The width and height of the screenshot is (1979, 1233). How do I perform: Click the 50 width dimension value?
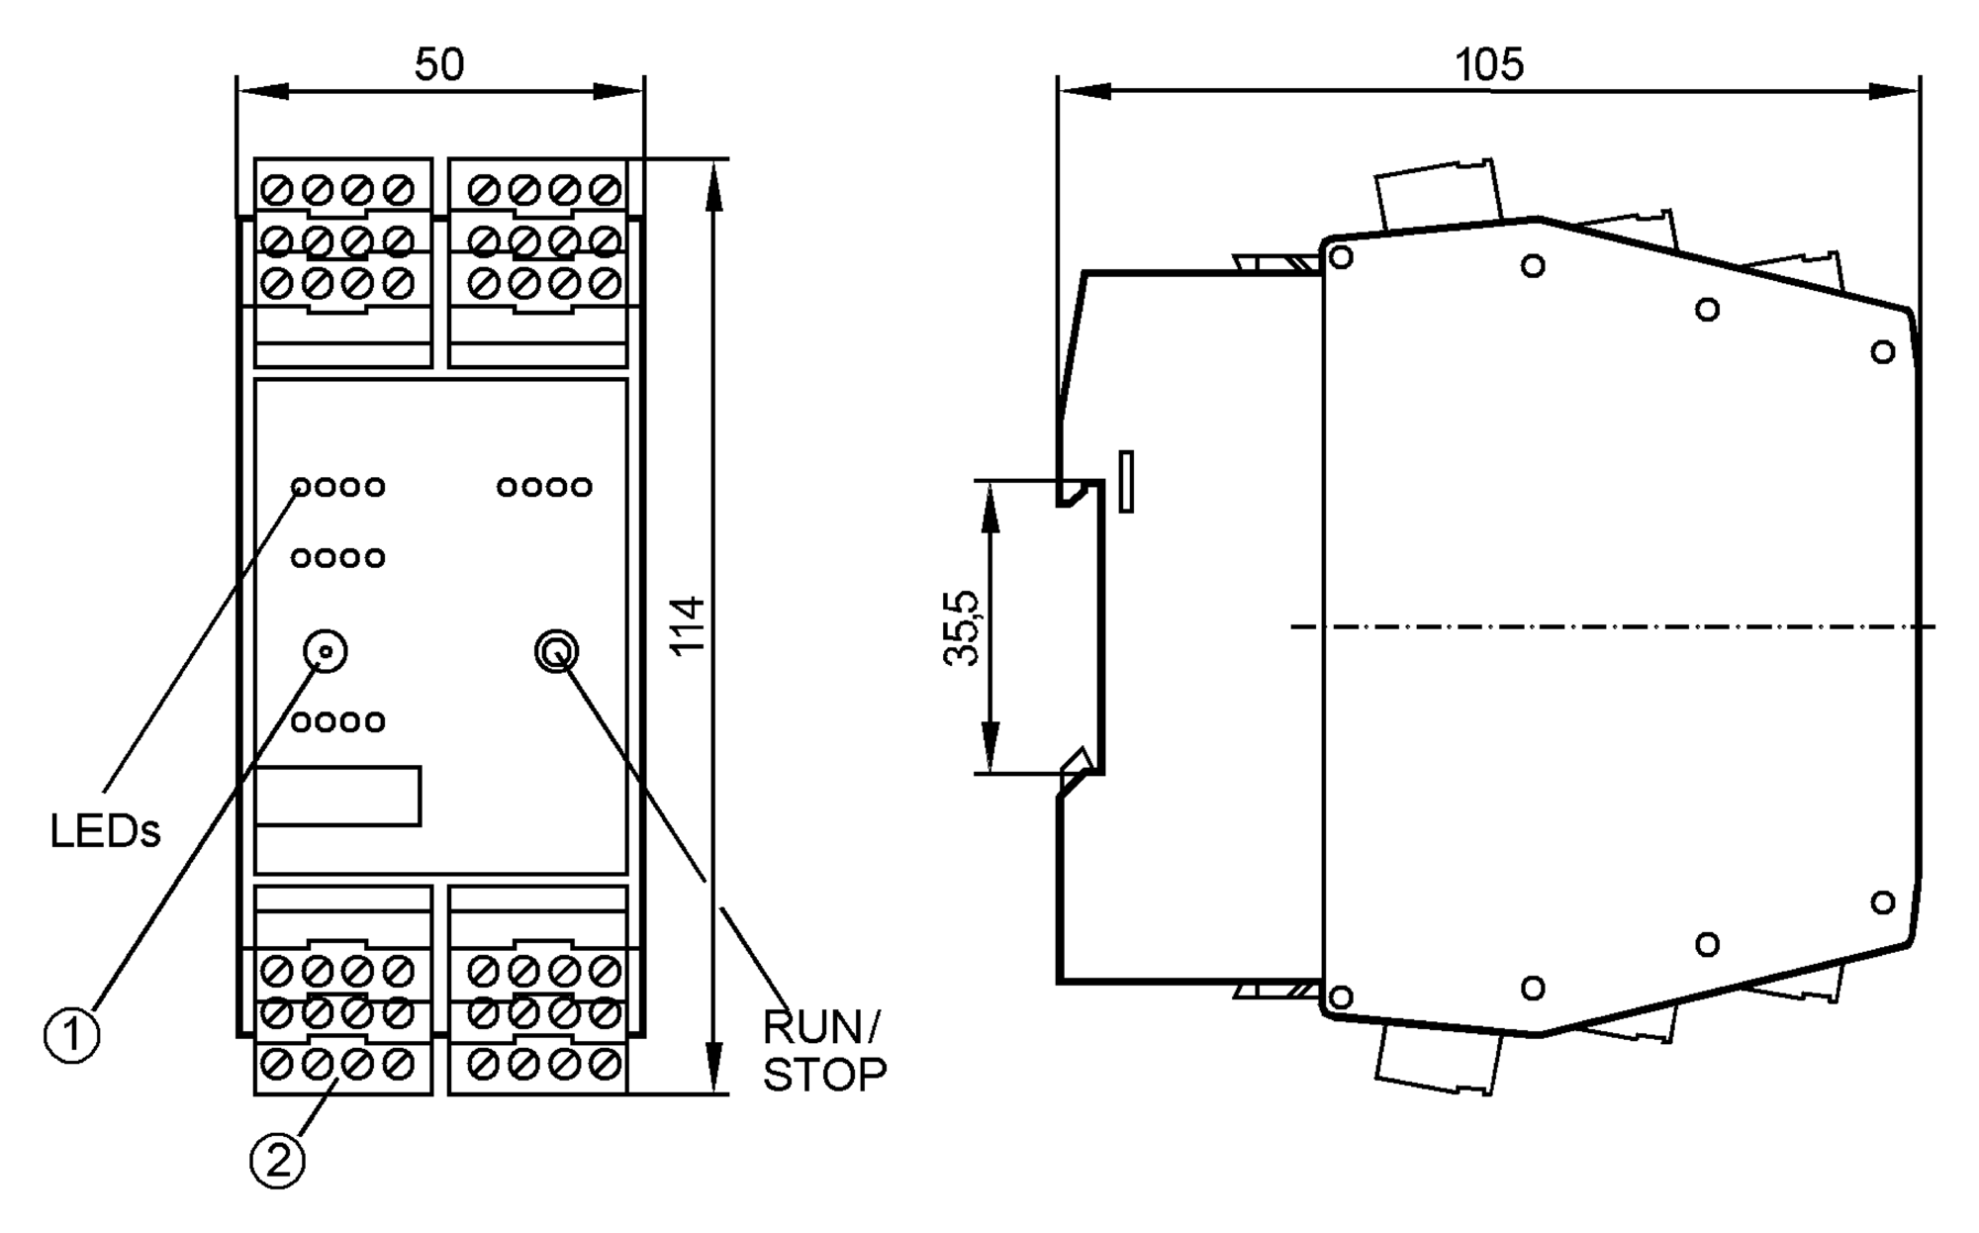438,65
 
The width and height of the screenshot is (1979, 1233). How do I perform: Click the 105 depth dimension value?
1488,65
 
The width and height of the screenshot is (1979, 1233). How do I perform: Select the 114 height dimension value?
688,624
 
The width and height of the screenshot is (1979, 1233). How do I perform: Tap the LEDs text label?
105,832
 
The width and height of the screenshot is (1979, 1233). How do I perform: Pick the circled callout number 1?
72,1036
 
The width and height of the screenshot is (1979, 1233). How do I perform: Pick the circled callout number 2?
277,1160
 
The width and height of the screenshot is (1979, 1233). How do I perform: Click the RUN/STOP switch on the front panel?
556,651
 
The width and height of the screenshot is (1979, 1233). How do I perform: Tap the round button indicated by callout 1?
325,651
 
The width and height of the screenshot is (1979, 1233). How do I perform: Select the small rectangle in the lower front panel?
338,795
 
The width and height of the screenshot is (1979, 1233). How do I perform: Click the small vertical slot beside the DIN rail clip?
1126,482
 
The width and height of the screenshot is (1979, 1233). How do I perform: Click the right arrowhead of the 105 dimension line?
1895,91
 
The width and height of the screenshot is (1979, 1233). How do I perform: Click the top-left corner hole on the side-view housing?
1341,257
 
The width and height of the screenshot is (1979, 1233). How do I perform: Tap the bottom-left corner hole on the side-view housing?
1341,996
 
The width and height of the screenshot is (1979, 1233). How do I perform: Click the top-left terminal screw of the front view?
277,190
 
